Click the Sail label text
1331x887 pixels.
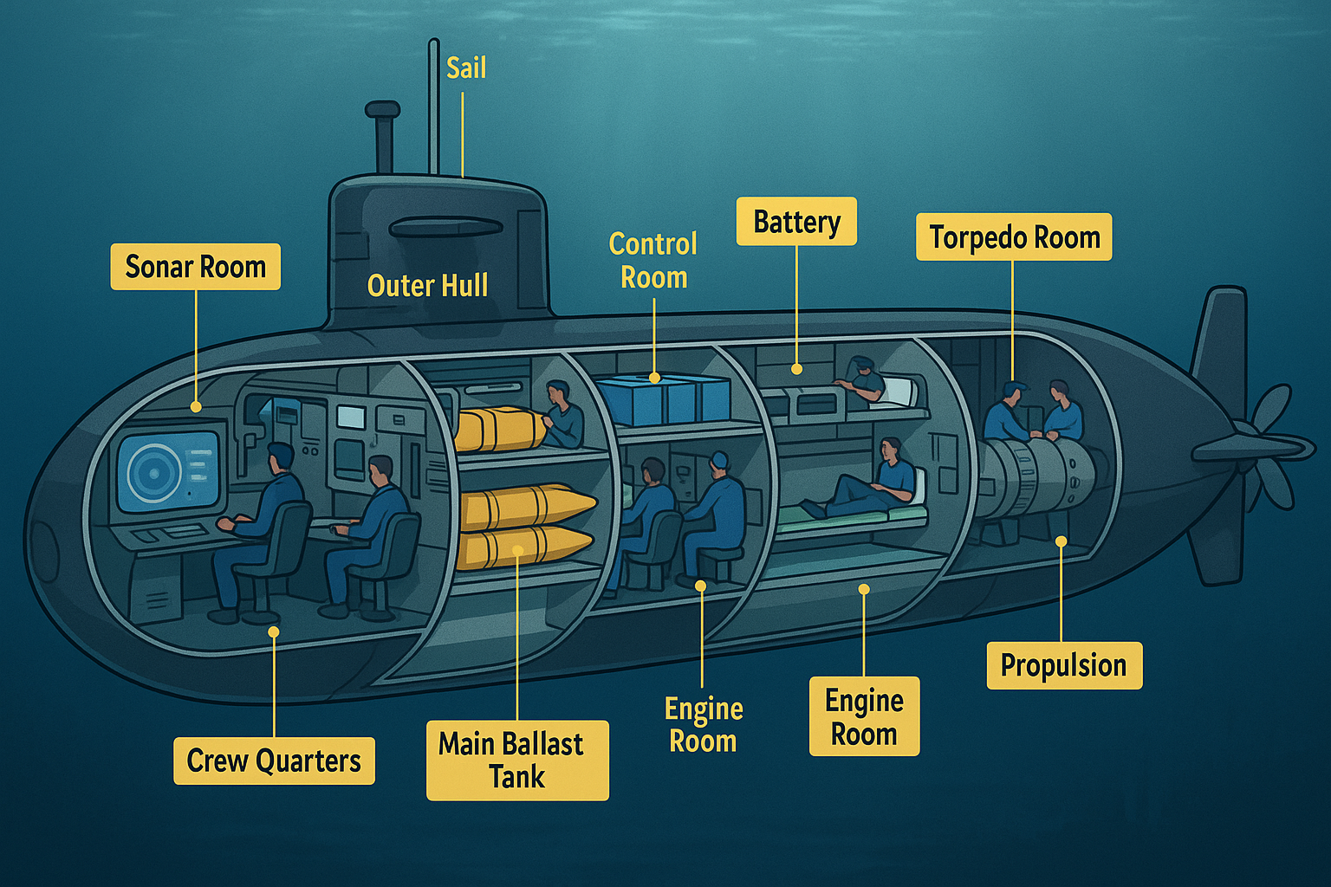pos(466,68)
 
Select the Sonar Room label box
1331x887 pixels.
pos(195,267)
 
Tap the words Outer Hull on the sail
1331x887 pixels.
pos(427,286)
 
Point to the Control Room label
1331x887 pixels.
pos(653,261)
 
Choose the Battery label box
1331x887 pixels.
pos(796,222)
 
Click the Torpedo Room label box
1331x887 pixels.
pos(1014,237)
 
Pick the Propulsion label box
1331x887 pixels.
pos(1064,665)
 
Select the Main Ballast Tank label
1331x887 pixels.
pos(517,760)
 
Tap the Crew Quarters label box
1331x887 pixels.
pos(274,761)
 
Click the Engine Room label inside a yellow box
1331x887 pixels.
pos(864,716)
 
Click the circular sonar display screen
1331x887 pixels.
pos(154,473)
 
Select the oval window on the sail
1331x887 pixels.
pos(445,228)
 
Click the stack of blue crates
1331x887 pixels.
pos(664,400)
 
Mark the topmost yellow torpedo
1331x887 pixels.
pos(498,429)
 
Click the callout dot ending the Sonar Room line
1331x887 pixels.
pos(196,406)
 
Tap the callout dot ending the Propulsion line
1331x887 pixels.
pos(1061,541)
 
